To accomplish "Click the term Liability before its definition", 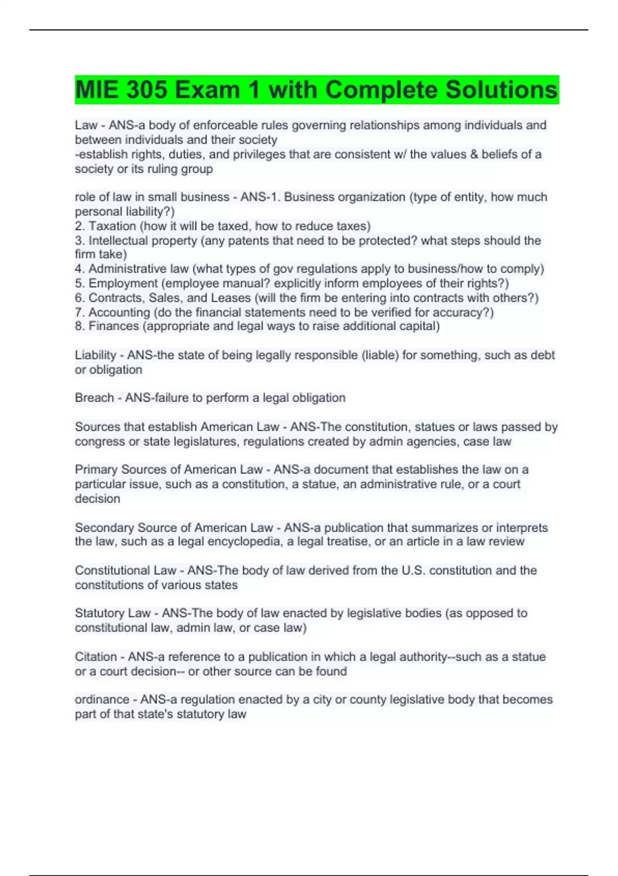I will click(x=95, y=355).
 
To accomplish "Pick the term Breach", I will click(x=94, y=398).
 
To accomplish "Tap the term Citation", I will click(x=96, y=657).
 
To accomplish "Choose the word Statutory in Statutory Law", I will click(x=99, y=613).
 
